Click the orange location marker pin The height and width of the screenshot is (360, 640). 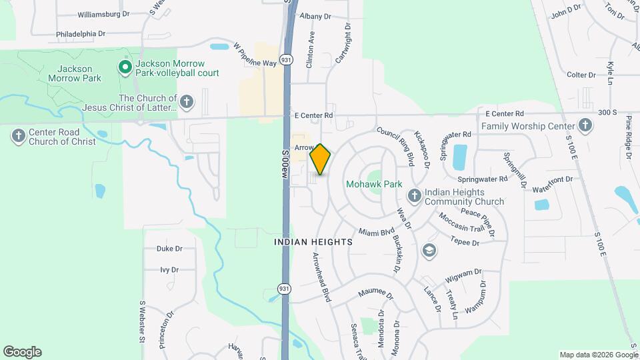click(321, 159)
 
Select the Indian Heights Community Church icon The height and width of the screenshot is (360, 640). click(414, 195)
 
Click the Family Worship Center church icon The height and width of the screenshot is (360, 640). click(585, 125)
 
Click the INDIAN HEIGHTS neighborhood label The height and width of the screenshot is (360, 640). click(313, 243)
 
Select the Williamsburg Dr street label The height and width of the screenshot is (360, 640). click(103, 14)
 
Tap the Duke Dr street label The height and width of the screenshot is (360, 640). click(169, 249)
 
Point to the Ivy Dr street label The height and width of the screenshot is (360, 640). click(169, 270)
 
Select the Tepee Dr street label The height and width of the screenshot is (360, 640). click(465, 241)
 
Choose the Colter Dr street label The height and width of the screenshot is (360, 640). click(581, 75)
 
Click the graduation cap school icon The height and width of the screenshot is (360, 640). click(429, 250)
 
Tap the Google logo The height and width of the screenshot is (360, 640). click(22, 352)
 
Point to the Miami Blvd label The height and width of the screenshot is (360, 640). click(377, 233)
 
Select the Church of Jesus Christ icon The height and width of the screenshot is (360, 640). click(187, 102)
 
